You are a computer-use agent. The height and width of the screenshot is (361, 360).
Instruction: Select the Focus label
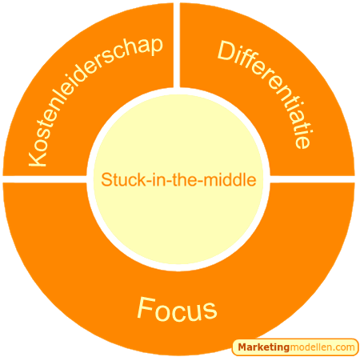177,309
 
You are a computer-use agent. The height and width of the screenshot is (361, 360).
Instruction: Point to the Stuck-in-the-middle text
178,179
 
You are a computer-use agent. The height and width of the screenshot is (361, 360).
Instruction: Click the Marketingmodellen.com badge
295,347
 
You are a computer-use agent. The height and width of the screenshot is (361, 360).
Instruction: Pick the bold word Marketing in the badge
263,347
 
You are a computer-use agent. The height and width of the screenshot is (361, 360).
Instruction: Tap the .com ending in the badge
345,347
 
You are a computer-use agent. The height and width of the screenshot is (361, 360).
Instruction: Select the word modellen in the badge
311,347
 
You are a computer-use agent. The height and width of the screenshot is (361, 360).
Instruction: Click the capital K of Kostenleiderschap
38,158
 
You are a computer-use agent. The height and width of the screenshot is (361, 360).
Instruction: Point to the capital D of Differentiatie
226,51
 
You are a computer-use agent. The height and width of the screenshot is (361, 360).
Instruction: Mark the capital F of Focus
146,307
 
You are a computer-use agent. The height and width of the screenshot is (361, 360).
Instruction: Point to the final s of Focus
210,311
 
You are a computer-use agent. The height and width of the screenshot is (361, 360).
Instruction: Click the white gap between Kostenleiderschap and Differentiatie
177,46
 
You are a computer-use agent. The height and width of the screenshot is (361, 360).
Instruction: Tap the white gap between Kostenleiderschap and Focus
45,179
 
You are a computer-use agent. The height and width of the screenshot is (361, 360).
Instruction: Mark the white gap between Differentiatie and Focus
312,179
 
